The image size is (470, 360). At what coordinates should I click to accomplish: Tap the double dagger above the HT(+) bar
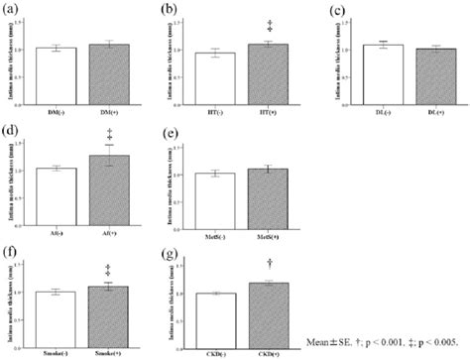tap(265, 29)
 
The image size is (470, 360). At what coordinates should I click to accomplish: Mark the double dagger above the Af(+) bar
tap(109, 134)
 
